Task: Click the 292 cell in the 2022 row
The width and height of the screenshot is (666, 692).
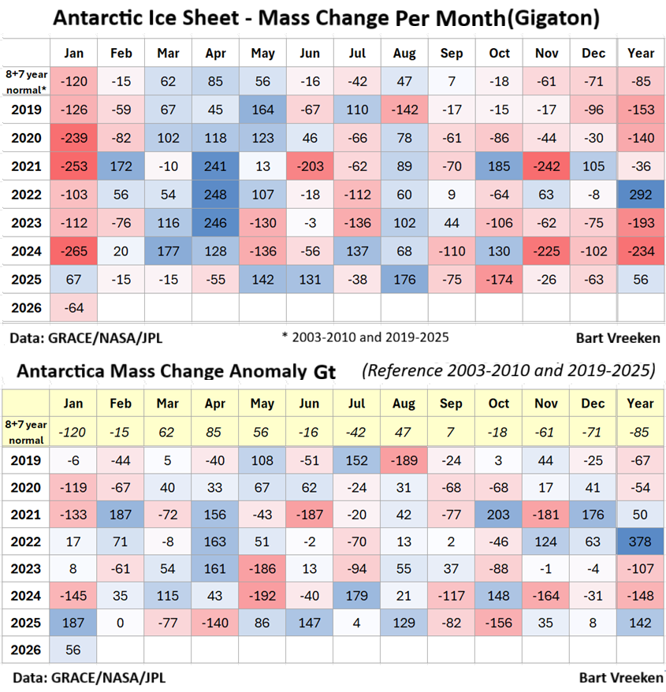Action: (x=641, y=195)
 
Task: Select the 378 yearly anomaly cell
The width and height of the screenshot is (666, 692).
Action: (x=641, y=542)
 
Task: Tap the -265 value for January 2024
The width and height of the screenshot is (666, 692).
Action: (x=74, y=251)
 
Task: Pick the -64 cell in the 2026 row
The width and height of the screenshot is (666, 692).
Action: (x=74, y=307)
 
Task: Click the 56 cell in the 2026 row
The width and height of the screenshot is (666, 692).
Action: (x=74, y=651)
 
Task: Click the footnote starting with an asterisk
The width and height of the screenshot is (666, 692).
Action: (x=365, y=337)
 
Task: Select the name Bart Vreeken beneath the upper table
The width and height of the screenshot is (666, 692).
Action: (x=617, y=337)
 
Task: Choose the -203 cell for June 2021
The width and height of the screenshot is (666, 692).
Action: (x=310, y=166)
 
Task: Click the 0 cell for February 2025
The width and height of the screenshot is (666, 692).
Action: (x=121, y=623)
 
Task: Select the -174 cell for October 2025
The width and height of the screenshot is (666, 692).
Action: (x=500, y=280)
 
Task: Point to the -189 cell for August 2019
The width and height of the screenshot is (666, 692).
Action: (x=404, y=461)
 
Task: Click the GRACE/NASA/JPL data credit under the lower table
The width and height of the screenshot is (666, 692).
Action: (x=88, y=677)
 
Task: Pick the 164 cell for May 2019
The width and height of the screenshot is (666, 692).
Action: (x=263, y=110)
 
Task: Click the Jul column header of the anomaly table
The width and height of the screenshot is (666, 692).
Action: (x=356, y=402)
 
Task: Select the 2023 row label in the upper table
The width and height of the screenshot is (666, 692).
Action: (x=27, y=223)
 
